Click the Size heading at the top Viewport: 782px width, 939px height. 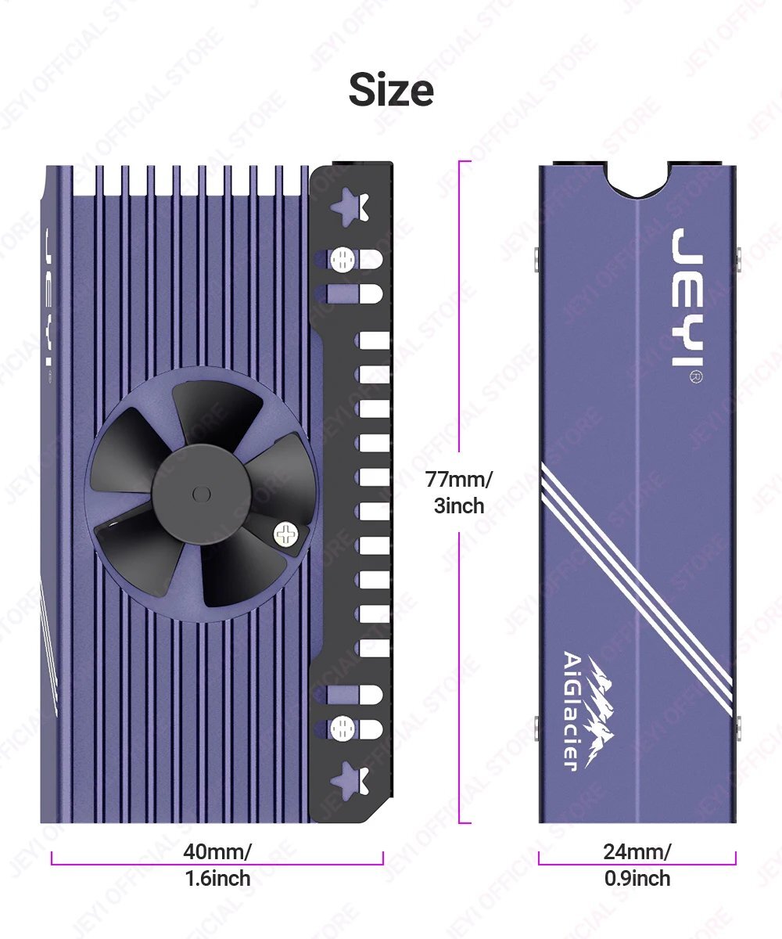[x=391, y=90]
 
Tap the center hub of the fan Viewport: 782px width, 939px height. [x=201, y=494]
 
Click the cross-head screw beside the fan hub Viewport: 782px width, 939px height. [x=285, y=534]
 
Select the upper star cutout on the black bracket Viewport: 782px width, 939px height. [x=350, y=207]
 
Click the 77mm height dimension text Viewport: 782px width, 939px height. [x=459, y=480]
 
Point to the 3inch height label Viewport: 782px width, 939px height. [x=459, y=505]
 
